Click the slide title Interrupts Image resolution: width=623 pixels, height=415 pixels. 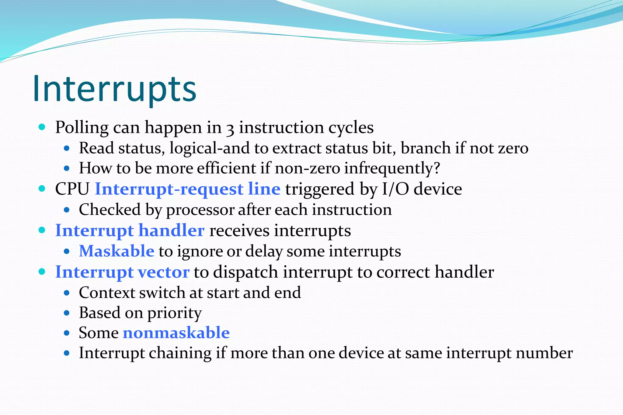pos(114,89)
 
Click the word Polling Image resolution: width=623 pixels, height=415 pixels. pos(82,127)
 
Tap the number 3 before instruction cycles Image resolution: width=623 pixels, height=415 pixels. pos(230,129)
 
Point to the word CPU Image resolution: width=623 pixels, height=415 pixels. pos(72,189)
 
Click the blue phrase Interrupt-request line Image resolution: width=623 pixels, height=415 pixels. pos(187,189)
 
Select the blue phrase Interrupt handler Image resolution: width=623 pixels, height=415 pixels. pos(130,230)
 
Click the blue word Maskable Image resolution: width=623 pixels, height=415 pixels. pos(117,251)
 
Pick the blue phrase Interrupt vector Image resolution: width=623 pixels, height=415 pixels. pos(122,272)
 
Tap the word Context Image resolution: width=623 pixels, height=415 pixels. pos(107,292)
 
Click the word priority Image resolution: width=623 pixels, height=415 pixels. pos(174,313)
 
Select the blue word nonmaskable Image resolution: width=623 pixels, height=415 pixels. pos(176,333)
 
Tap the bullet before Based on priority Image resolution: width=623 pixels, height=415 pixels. pos(67,313)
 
